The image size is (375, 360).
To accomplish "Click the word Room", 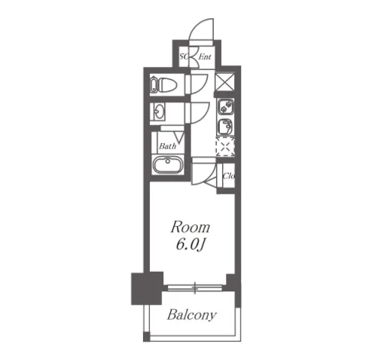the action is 191,227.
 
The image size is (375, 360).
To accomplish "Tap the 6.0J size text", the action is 191,244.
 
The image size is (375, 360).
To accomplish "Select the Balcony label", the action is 192,315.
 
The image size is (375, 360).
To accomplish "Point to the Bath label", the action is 167,146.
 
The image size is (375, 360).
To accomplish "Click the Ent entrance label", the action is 205,57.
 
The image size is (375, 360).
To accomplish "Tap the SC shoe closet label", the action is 184,56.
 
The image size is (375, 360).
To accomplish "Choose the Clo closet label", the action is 228,175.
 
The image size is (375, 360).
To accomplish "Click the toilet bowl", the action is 168,85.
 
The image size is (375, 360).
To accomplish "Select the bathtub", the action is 167,165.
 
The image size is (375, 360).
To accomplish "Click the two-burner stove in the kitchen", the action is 225,107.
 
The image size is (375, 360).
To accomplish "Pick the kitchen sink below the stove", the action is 225,127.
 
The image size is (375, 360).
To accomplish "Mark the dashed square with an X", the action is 225,147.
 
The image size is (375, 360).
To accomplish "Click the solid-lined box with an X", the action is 225,81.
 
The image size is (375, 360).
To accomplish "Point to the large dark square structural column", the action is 148,288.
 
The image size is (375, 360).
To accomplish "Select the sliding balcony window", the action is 195,288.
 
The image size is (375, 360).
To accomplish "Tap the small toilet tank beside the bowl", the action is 154,85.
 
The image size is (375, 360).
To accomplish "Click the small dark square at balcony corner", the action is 146,337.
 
